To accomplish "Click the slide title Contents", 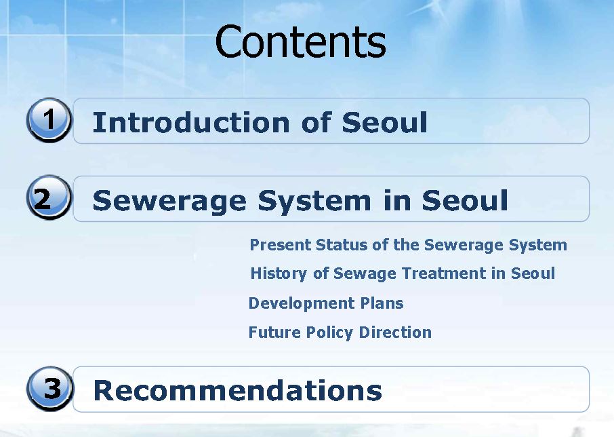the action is coord(300,41).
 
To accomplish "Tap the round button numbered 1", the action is coord(49,119).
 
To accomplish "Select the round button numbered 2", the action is coord(49,197).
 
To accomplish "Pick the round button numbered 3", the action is coord(49,388).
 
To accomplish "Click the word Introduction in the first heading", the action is coord(191,122).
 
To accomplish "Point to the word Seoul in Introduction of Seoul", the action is coord(384,122).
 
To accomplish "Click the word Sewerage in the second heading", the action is coord(169,201).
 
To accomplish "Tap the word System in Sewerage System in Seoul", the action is coord(314,201).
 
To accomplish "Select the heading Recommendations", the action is coord(238,390).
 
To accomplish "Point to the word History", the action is coord(279,273).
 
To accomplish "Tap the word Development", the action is coord(302,303).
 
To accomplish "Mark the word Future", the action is coord(275,332).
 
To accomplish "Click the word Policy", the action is coord(330,332).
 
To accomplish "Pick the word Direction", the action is coord(395,332).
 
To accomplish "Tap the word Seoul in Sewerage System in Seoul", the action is coord(465,201).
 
